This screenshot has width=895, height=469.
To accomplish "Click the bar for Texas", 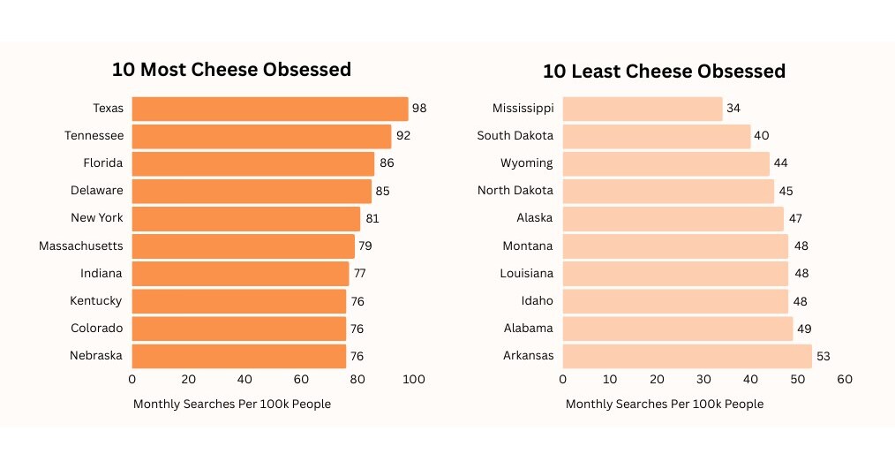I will (270, 109).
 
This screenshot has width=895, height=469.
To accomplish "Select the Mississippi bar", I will (643, 109).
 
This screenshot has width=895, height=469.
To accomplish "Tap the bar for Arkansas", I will (687, 356).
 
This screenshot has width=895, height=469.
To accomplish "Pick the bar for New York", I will (246, 218).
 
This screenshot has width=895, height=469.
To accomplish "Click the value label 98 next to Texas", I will (419, 109).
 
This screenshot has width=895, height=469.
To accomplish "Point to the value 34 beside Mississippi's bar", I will (733, 109).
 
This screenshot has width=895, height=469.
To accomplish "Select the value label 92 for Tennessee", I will (403, 136).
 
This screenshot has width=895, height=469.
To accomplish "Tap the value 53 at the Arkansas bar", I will (823, 356).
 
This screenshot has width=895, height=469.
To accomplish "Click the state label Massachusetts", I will (80, 246).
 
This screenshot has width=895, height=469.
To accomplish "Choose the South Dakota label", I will (515, 136).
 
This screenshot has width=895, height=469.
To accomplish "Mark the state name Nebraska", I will (96, 356).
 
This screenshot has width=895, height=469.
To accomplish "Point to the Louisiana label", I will (528, 273).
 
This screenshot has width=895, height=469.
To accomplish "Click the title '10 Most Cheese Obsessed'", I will (231, 70).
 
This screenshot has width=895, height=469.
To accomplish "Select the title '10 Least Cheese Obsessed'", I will (664, 71).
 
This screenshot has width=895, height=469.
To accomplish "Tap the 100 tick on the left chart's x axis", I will (414, 380).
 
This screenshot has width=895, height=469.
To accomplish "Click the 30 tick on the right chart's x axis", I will (703, 380).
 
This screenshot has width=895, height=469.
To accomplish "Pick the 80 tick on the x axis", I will (357, 380).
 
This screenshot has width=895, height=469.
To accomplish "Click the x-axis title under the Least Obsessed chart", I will (664, 404).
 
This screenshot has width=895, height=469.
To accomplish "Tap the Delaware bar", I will (252, 191).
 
